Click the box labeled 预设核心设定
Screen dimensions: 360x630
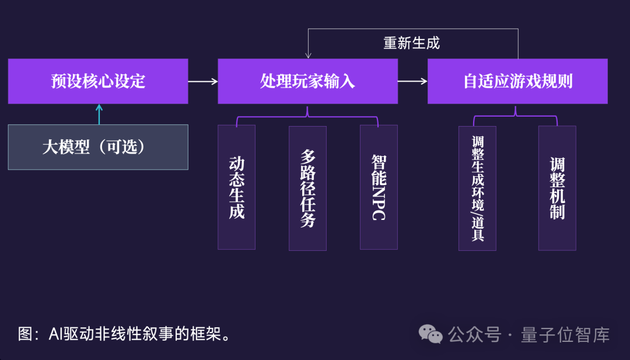click(x=98, y=81)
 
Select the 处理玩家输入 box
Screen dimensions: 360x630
click(x=307, y=81)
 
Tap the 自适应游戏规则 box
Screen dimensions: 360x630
click(x=517, y=81)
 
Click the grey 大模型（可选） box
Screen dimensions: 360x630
click(x=98, y=147)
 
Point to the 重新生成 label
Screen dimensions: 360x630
click(x=411, y=43)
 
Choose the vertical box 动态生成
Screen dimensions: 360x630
click(x=236, y=187)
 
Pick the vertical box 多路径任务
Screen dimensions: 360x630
click(x=307, y=187)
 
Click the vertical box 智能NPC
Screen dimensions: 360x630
click(x=379, y=187)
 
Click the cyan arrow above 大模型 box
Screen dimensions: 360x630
click(x=99, y=114)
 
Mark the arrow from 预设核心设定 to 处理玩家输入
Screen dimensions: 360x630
click(x=203, y=82)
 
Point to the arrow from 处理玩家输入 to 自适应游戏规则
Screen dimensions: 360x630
click(x=412, y=82)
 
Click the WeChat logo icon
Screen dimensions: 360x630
click(x=432, y=334)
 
